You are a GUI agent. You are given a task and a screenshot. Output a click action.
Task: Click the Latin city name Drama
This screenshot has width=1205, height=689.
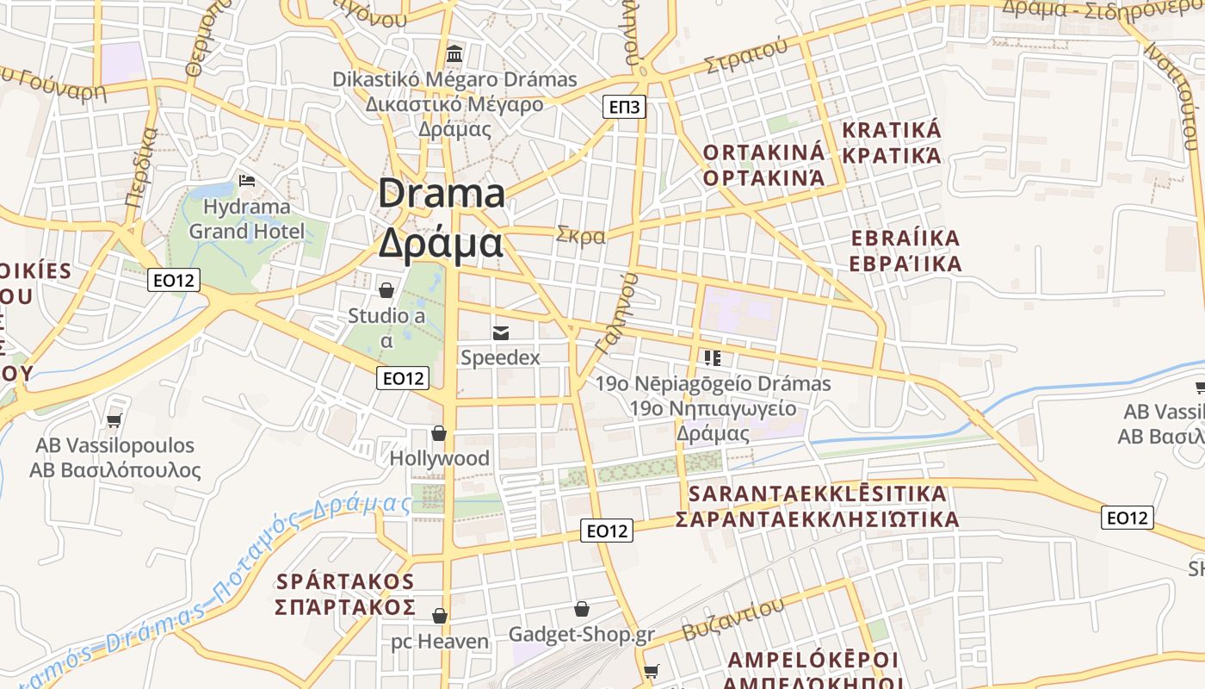[x=441, y=193]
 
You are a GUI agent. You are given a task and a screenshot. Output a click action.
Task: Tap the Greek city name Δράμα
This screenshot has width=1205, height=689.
[x=441, y=244]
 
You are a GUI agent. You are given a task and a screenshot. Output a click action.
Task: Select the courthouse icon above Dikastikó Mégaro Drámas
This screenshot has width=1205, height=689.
[x=454, y=54]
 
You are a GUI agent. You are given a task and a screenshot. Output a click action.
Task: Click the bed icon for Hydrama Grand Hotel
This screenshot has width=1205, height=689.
[x=247, y=181]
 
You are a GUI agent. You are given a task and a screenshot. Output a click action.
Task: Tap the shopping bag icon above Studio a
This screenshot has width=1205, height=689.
[x=386, y=290]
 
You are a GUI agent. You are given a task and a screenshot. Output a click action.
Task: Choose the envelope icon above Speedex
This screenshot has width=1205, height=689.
[x=500, y=332]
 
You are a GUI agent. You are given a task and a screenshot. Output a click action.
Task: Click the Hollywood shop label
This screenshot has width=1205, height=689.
[x=440, y=458]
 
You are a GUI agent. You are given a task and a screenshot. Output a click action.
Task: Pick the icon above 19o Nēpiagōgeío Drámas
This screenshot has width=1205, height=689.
[x=712, y=357]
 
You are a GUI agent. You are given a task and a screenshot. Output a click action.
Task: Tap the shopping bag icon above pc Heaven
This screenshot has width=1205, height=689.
[x=440, y=616]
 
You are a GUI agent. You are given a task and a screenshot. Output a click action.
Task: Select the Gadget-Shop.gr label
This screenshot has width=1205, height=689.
[x=582, y=635]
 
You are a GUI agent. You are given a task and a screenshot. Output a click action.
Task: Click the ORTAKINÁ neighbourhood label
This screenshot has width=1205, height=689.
[x=763, y=152]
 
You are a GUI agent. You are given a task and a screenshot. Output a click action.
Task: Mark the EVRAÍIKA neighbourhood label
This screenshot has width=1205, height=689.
[x=905, y=239]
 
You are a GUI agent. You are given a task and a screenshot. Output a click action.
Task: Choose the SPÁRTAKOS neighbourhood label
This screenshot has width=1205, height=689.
[x=345, y=581]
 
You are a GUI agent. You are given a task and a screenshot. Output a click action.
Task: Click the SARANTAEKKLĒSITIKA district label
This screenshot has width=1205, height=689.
[x=818, y=494]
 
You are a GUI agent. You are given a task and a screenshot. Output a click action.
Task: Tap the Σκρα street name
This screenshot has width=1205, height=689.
[x=581, y=234]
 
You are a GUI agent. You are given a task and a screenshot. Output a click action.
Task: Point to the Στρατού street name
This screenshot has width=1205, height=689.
[x=745, y=55]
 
